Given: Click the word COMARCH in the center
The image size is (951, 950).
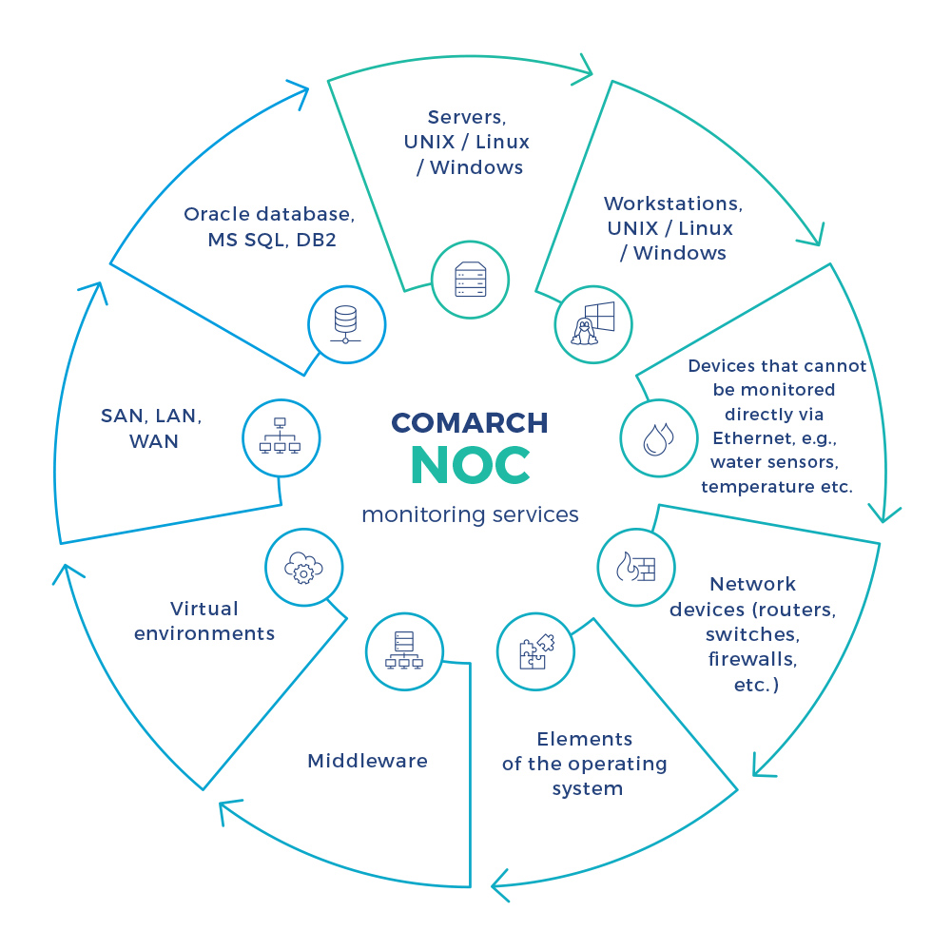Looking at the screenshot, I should [x=469, y=423].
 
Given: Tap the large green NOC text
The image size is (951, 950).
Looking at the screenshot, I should [x=470, y=466].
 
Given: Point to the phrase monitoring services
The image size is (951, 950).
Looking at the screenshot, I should [x=470, y=515].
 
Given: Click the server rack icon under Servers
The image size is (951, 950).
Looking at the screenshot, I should [x=470, y=280].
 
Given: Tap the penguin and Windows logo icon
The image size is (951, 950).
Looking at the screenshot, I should [x=592, y=324].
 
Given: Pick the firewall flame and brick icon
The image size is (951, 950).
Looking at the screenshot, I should [x=636, y=568].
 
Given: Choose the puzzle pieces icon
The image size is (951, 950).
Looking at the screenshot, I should [x=535, y=651].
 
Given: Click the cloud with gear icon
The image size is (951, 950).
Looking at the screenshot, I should [x=303, y=568].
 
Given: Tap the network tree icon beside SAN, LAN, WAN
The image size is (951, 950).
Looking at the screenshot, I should [x=281, y=436].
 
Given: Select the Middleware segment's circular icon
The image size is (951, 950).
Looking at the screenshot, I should [x=404, y=652].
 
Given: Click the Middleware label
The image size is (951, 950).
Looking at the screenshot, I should [x=367, y=761].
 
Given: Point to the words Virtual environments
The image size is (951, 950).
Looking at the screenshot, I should [x=204, y=621].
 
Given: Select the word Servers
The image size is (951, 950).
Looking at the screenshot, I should [x=466, y=117].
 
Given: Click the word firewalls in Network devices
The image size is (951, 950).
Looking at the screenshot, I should [x=752, y=659].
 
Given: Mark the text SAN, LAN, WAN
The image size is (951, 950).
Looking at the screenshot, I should [x=152, y=429].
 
